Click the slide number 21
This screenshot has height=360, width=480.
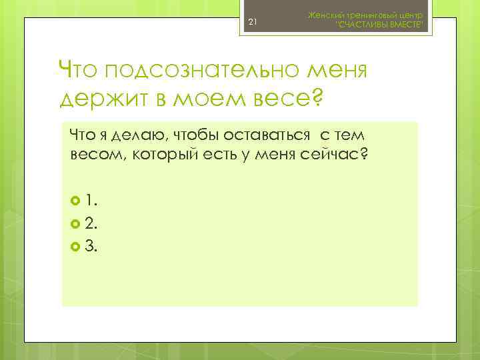[x=252, y=23]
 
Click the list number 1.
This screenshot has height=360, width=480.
[x=91, y=199]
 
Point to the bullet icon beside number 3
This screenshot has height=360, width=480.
[x=74, y=248]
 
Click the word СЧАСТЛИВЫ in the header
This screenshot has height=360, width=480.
[x=363, y=25]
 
